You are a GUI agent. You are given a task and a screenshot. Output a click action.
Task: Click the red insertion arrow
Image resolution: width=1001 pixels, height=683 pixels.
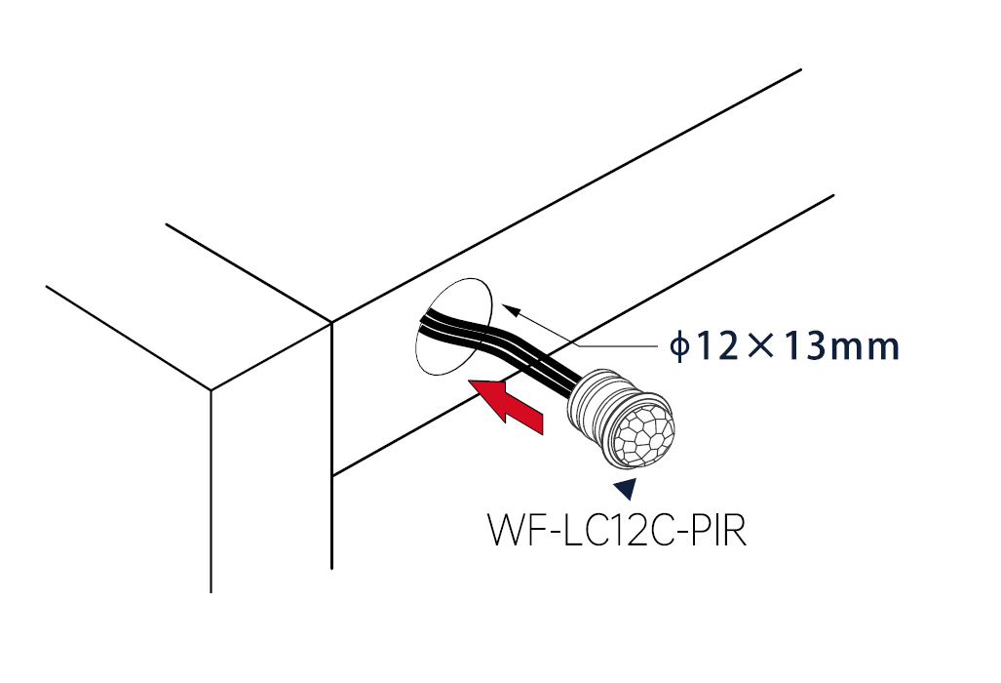506,407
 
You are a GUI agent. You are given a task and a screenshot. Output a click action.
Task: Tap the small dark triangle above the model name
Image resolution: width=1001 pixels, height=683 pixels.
627,488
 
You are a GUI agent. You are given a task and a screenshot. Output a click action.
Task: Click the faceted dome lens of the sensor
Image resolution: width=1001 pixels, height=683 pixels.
643,434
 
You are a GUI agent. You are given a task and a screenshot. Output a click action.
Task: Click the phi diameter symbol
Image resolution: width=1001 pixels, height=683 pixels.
679,345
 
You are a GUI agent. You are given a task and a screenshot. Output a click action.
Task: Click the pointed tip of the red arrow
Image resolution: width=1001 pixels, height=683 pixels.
469,381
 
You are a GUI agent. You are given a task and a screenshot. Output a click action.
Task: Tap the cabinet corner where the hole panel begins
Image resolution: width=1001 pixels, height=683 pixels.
332,322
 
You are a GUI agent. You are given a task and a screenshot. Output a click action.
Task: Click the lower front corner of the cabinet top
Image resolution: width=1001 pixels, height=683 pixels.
211,389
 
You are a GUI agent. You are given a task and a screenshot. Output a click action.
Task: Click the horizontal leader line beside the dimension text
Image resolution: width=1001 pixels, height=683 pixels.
617,345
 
